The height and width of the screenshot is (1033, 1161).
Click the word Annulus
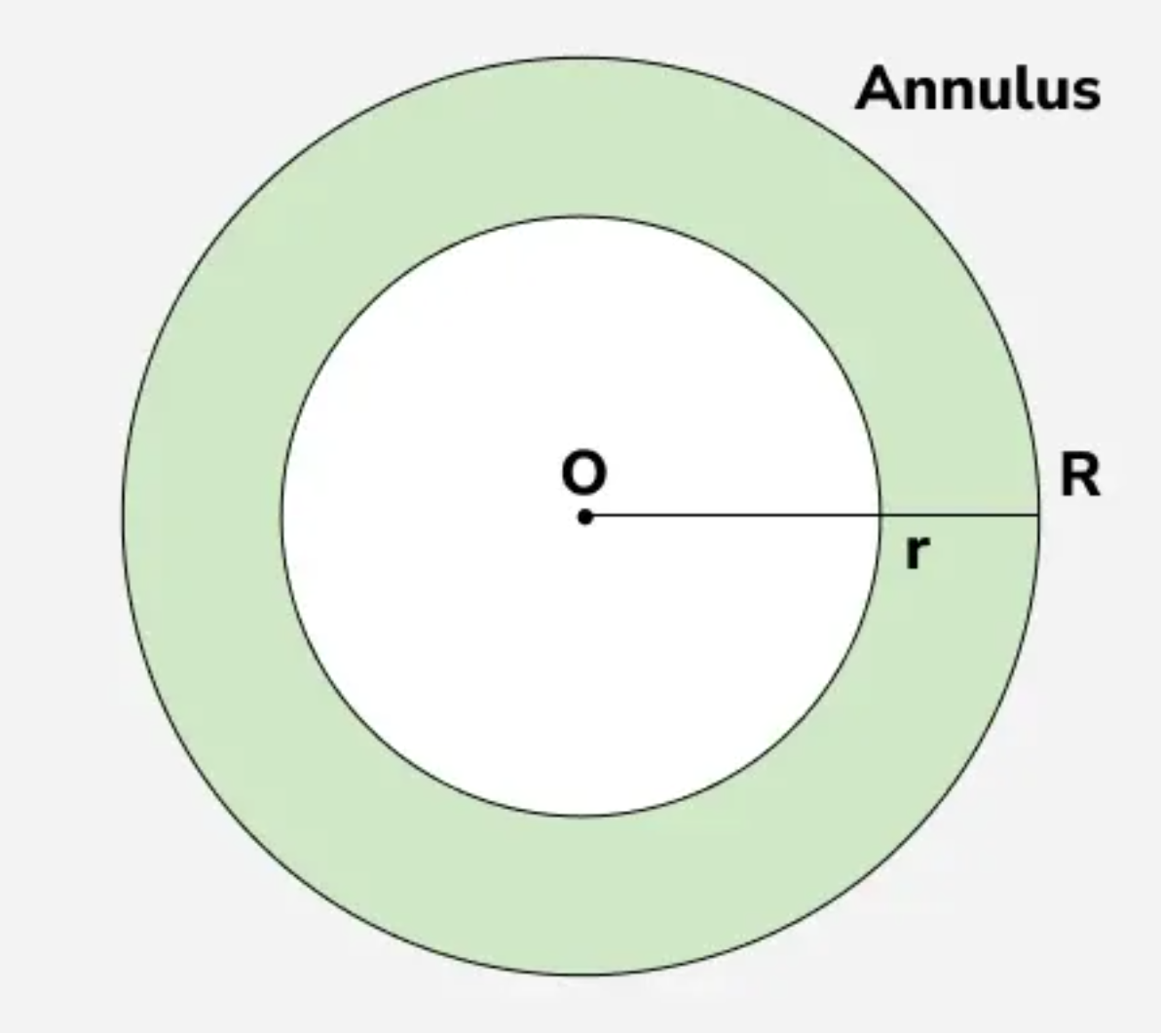pyautogui.click(x=978, y=90)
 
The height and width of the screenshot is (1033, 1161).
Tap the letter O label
pyautogui.click(x=583, y=474)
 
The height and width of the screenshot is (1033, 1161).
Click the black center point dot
pyautogui.click(x=584, y=516)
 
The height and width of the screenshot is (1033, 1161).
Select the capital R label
pyautogui.click(x=1080, y=477)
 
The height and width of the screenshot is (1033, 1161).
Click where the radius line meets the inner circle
pyautogui.click(x=880, y=515)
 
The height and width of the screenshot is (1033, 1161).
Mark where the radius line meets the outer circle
pyautogui.click(x=1039, y=515)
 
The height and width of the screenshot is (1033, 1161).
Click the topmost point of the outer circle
pyautogui.click(x=581, y=57)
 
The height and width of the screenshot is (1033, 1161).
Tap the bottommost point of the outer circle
pyautogui.click(x=581, y=975)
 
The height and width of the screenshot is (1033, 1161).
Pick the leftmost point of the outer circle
pyautogui.click(x=123, y=515)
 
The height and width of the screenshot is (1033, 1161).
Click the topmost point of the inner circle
pyautogui.click(x=581, y=216)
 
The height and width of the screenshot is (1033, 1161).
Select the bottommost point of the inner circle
pyautogui.click(x=581, y=816)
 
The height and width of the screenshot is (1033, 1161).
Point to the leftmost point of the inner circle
pyautogui.click(x=282, y=515)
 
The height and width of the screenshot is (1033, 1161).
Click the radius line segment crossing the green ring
pyautogui.click(x=959, y=515)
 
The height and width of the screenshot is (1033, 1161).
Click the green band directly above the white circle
pyautogui.click(x=581, y=136)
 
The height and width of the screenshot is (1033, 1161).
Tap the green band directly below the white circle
pyautogui.click(x=581, y=895)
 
